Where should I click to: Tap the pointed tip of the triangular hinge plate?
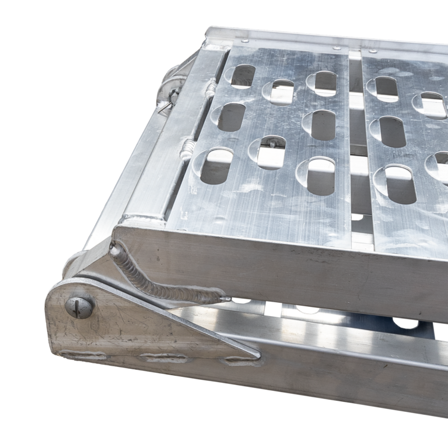pos(257,353)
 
